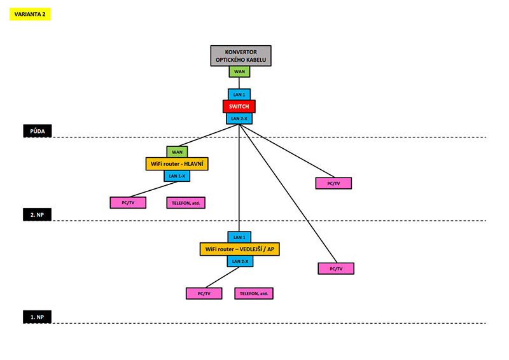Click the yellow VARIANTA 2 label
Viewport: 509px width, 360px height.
pyautogui.click(x=30, y=14)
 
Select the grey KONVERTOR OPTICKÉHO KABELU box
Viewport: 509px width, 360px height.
pyautogui.click(x=241, y=56)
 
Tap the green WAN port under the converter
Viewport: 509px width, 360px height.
pyautogui.click(x=239, y=72)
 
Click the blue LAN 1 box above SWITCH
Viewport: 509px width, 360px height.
pyautogui.click(x=239, y=94)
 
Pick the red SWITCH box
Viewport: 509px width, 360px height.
pyautogui.click(x=239, y=106)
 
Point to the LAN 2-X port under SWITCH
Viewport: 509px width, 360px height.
pyautogui.click(x=239, y=118)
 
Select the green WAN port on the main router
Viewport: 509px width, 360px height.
pyautogui.click(x=177, y=152)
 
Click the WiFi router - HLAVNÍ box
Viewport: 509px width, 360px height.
pyautogui.click(x=178, y=164)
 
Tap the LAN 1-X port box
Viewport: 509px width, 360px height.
pyautogui.click(x=177, y=176)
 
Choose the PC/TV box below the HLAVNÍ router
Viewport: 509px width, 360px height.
pyautogui.click(x=127, y=203)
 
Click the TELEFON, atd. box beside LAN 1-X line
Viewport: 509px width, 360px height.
pyautogui.click(x=188, y=203)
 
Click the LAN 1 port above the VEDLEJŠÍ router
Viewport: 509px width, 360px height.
pyautogui.click(x=239, y=237)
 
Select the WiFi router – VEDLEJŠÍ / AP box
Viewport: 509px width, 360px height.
pyautogui.click(x=240, y=249)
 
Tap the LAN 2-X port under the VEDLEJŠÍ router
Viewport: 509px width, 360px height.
pyautogui.click(x=239, y=261)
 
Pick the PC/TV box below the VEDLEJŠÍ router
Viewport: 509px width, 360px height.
pyautogui.click(x=204, y=293)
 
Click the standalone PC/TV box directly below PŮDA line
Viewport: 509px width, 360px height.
pyautogui.click(x=333, y=183)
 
